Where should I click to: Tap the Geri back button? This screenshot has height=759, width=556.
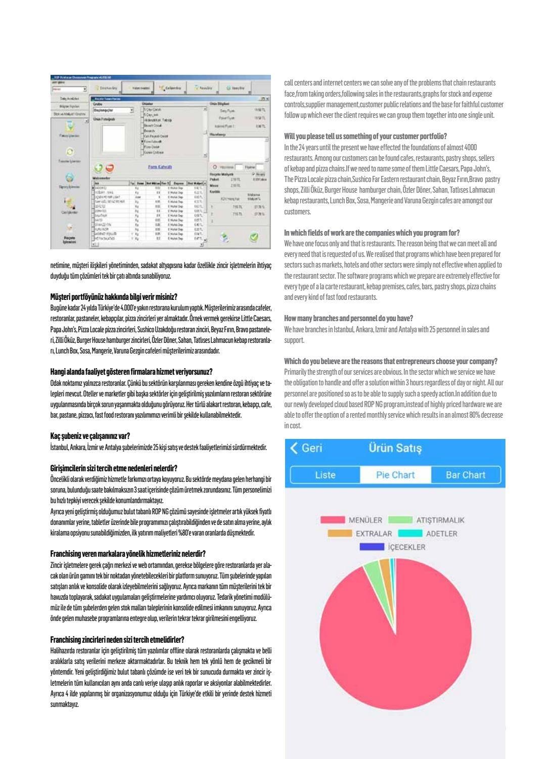[x=306, y=448]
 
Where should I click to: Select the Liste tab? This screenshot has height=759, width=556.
[x=325, y=475]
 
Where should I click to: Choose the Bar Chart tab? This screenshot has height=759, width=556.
[x=465, y=475]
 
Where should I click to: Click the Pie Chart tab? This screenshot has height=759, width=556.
[x=395, y=475]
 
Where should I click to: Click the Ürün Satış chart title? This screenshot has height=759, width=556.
[x=395, y=448]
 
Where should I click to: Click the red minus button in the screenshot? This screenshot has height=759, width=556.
[x=110, y=168]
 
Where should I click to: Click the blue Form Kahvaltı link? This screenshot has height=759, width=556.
[x=160, y=166]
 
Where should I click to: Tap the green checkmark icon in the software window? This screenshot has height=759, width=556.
[x=254, y=236]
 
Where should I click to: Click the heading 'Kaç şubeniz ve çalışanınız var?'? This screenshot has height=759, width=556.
[x=90, y=435]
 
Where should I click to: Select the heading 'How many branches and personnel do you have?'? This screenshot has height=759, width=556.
[x=348, y=318]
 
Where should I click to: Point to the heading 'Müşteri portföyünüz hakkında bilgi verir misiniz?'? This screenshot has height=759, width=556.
[x=114, y=296]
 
